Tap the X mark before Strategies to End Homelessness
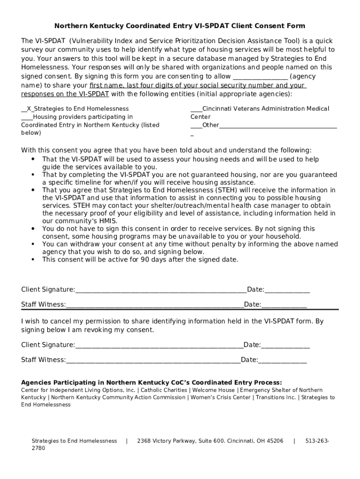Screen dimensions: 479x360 [29, 109]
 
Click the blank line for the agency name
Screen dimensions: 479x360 [260, 77]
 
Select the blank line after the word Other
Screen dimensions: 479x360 [278, 125]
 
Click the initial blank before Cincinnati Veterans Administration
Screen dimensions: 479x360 [196, 109]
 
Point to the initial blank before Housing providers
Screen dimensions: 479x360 [27, 117]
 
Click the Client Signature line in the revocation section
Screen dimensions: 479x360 [159, 345]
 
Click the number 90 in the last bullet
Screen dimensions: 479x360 [144, 260]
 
